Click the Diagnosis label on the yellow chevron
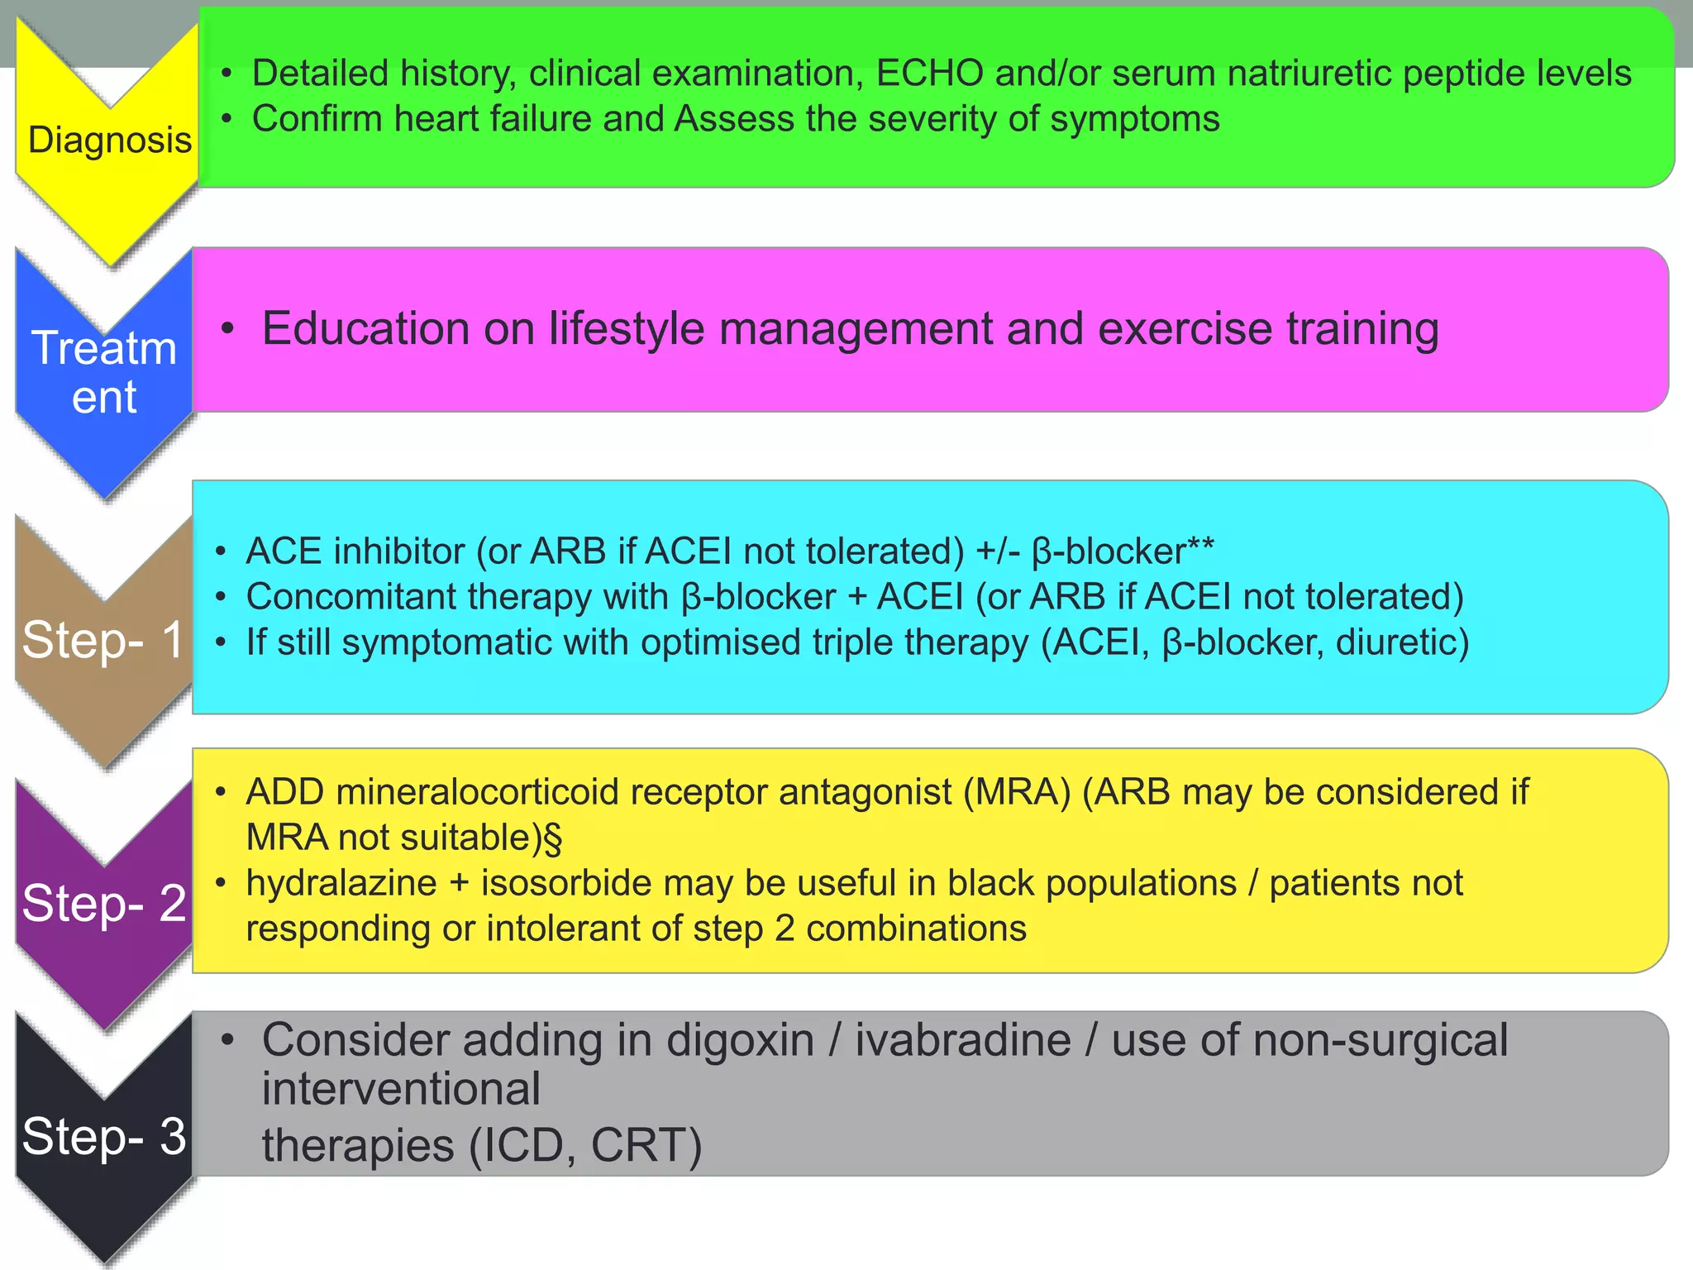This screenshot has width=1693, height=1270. [109, 140]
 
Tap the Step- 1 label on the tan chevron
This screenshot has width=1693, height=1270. [103, 639]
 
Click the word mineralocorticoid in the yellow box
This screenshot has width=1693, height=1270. [477, 792]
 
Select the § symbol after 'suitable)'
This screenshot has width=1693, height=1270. [553, 838]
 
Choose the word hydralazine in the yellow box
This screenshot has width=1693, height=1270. [341, 883]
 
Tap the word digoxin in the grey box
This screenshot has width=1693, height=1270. [740, 1040]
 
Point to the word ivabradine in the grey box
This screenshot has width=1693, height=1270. [962, 1040]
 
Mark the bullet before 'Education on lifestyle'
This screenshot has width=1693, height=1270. [228, 328]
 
